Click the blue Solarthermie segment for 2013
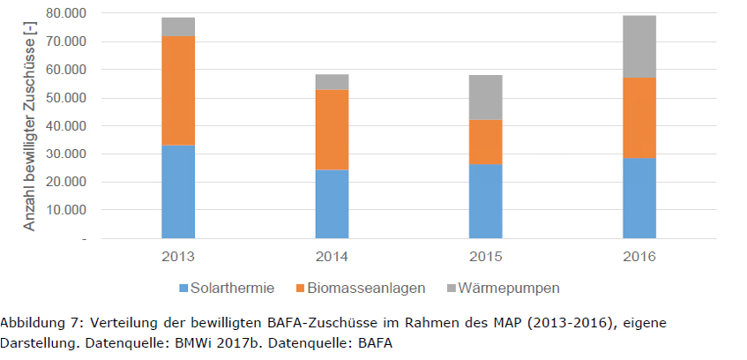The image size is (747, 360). [x=178, y=191]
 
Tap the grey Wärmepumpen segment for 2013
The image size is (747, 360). [x=178, y=27]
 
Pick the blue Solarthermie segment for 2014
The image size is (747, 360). [x=332, y=204]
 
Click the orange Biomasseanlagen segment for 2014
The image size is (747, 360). [x=332, y=130]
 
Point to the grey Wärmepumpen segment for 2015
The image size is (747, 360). [x=485, y=97]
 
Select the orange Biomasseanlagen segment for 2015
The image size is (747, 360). [x=485, y=141]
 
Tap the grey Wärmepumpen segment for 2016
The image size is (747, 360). [x=639, y=47]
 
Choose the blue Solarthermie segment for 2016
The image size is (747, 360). [x=639, y=198]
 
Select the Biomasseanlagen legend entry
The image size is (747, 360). [x=361, y=288]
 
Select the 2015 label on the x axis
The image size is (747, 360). [x=485, y=256]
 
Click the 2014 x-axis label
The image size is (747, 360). [x=332, y=256]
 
